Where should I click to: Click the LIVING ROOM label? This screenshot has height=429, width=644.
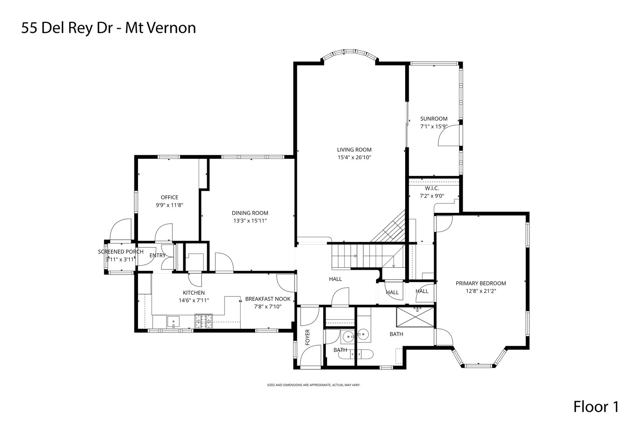point(354,150)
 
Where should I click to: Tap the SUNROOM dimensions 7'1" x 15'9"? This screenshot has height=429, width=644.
point(434,126)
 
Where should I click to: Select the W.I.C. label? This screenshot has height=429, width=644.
point(432,189)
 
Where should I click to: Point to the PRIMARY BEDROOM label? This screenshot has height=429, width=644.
point(481,283)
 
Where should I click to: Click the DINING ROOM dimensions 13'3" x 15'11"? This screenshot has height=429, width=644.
point(250,221)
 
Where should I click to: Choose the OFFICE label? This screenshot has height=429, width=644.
point(170,197)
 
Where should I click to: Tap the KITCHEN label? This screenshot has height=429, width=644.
point(194,293)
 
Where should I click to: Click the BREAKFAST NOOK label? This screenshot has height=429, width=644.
point(268,299)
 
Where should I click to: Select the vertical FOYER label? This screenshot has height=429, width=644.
point(307,337)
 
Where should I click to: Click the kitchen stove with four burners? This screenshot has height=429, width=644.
point(204,321)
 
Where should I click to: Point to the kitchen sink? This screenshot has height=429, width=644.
point(173,322)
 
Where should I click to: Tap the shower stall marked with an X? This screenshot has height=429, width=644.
point(415,317)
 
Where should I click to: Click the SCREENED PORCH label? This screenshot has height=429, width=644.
point(121,252)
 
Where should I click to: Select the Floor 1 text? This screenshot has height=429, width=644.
point(596,407)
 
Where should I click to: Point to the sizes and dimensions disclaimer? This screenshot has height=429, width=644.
point(314,385)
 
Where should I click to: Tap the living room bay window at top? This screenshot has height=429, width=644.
point(349,55)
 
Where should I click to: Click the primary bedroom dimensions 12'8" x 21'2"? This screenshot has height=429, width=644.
point(481,291)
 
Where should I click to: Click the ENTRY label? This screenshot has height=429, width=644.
point(157,255)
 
